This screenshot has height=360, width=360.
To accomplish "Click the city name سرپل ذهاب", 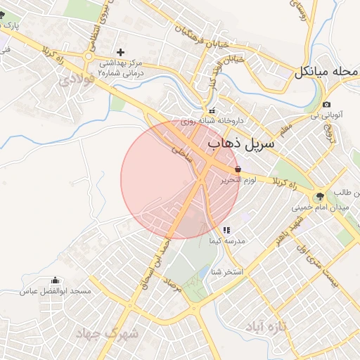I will [x=242, y=144].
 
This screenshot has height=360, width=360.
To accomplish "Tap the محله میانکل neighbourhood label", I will [x=327, y=72].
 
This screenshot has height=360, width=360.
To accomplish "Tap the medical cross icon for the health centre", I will [x=121, y=52].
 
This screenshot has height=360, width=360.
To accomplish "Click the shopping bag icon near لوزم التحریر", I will [x=238, y=169].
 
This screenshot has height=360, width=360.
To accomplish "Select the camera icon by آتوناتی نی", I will [x=327, y=105].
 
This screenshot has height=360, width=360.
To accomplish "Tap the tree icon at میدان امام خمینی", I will [x=320, y=196].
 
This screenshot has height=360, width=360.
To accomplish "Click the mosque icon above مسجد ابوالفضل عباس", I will [x=56, y=281].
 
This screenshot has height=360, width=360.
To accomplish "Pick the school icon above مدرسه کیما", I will [x=226, y=230].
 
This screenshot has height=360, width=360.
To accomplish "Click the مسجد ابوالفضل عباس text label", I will [x=53, y=291].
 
